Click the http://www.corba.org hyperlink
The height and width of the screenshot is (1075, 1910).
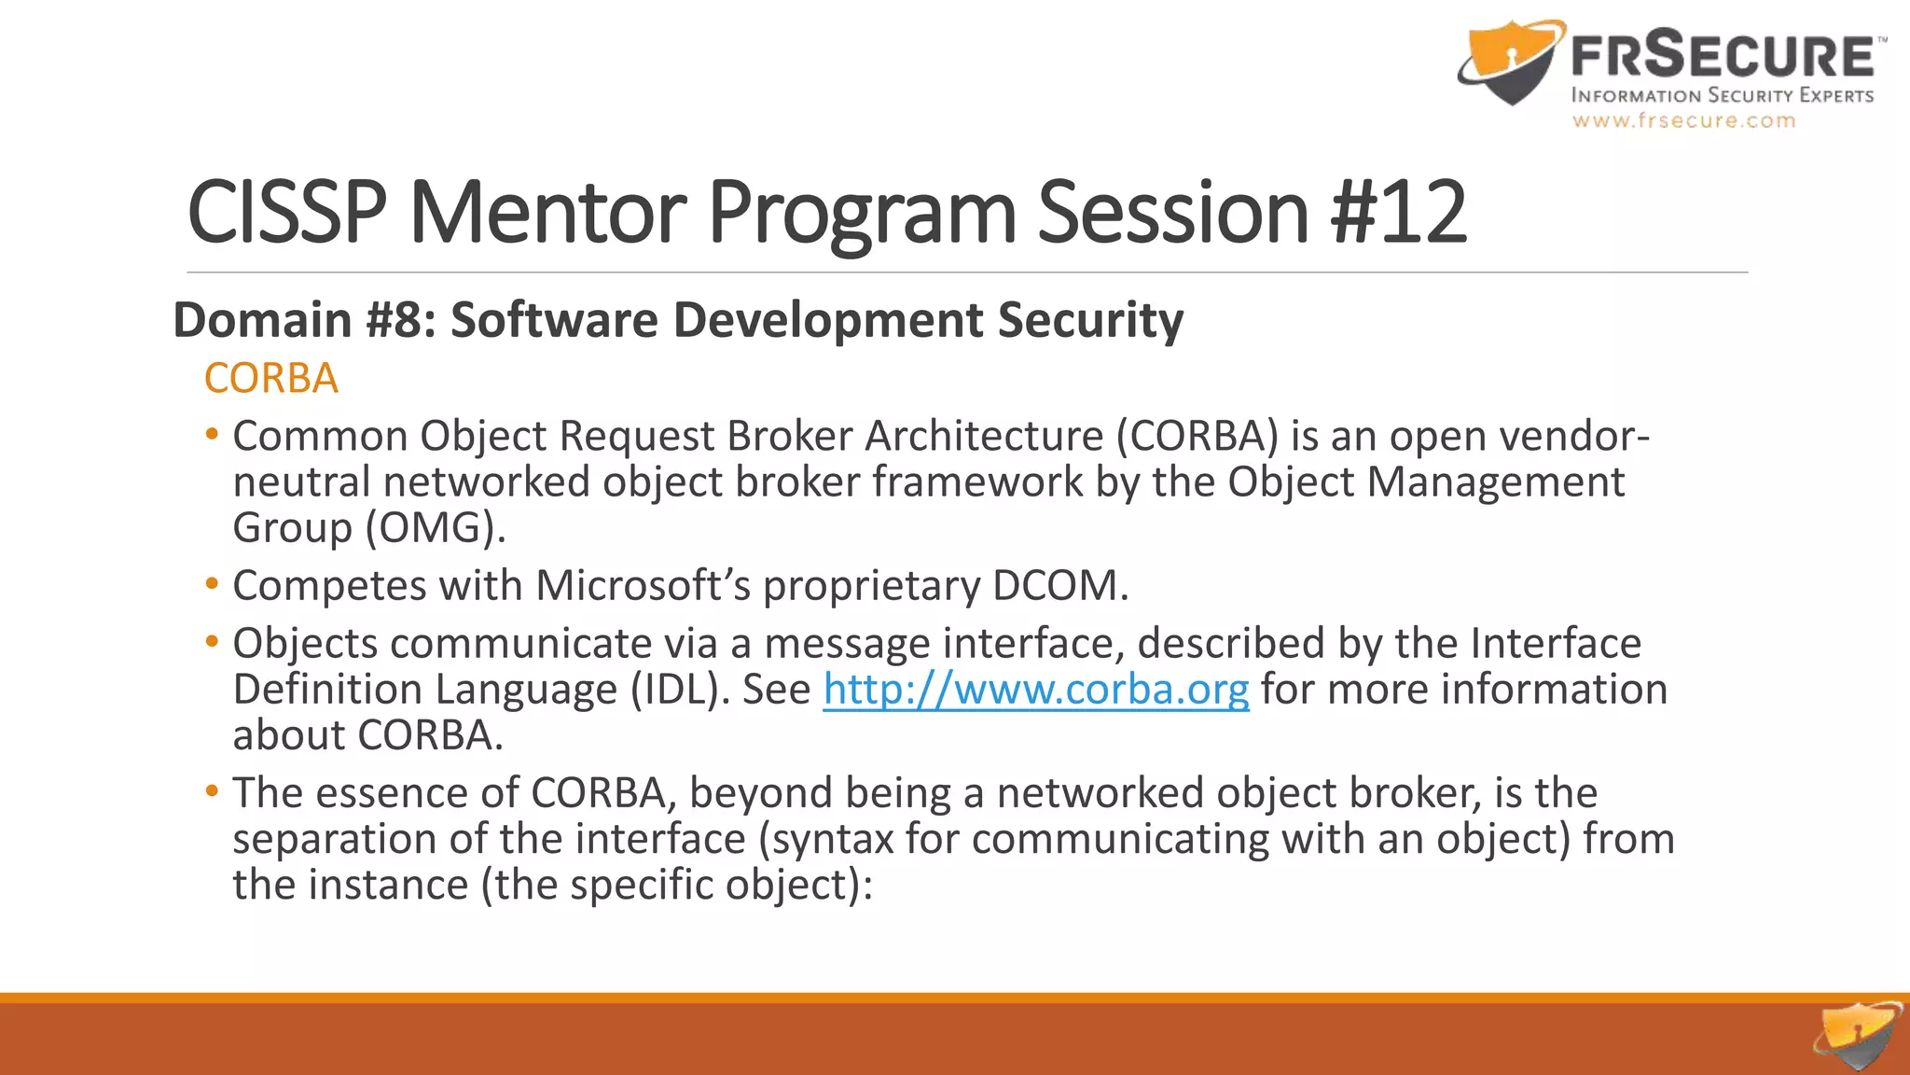pos(1035,691)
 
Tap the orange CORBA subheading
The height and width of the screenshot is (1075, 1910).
pos(270,379)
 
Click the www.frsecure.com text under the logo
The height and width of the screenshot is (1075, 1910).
pos(1683,121)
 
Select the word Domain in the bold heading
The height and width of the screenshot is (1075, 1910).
pos(262,320)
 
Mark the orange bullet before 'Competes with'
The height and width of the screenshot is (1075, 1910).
pos(213,585)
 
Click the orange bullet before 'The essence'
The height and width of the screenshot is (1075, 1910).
pos(213,792)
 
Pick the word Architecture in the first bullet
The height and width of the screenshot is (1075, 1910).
pos(984,437)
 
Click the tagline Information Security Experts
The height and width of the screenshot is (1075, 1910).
pos(1722,96)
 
